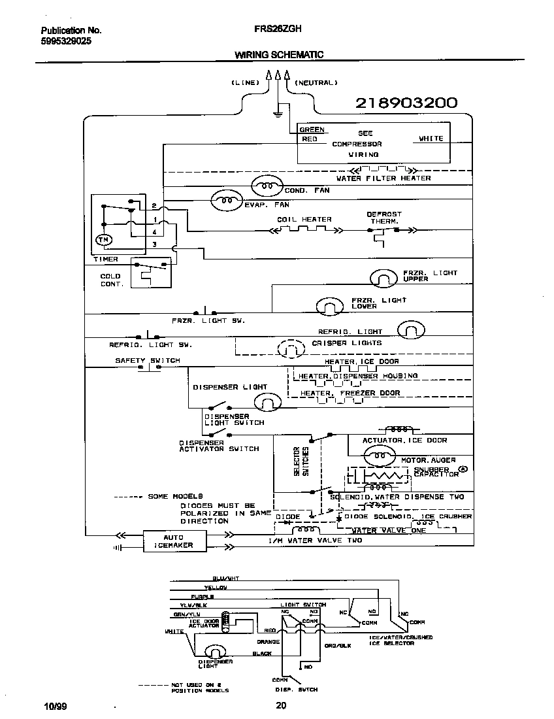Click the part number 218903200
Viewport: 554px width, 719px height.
tap(406, 103)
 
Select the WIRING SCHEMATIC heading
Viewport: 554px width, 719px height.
tap(279, 56)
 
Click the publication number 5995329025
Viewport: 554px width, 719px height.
tap(66, 41)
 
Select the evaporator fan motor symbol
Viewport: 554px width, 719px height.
tap(226, 201)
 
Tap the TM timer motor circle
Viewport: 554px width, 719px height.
tap(103, 241)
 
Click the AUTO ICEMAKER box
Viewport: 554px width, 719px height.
tap(173, 541)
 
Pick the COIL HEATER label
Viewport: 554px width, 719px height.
tap(304, 220)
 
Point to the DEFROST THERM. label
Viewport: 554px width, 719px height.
tap(383, 218)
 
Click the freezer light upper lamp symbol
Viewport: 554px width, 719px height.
tap(383, 278)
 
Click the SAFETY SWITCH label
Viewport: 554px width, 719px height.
tap(147, 360)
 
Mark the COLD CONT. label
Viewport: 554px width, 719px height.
tap(110, 280)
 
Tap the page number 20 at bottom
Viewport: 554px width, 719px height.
tap(281, 705)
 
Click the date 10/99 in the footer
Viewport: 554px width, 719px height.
tap(53, 705)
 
